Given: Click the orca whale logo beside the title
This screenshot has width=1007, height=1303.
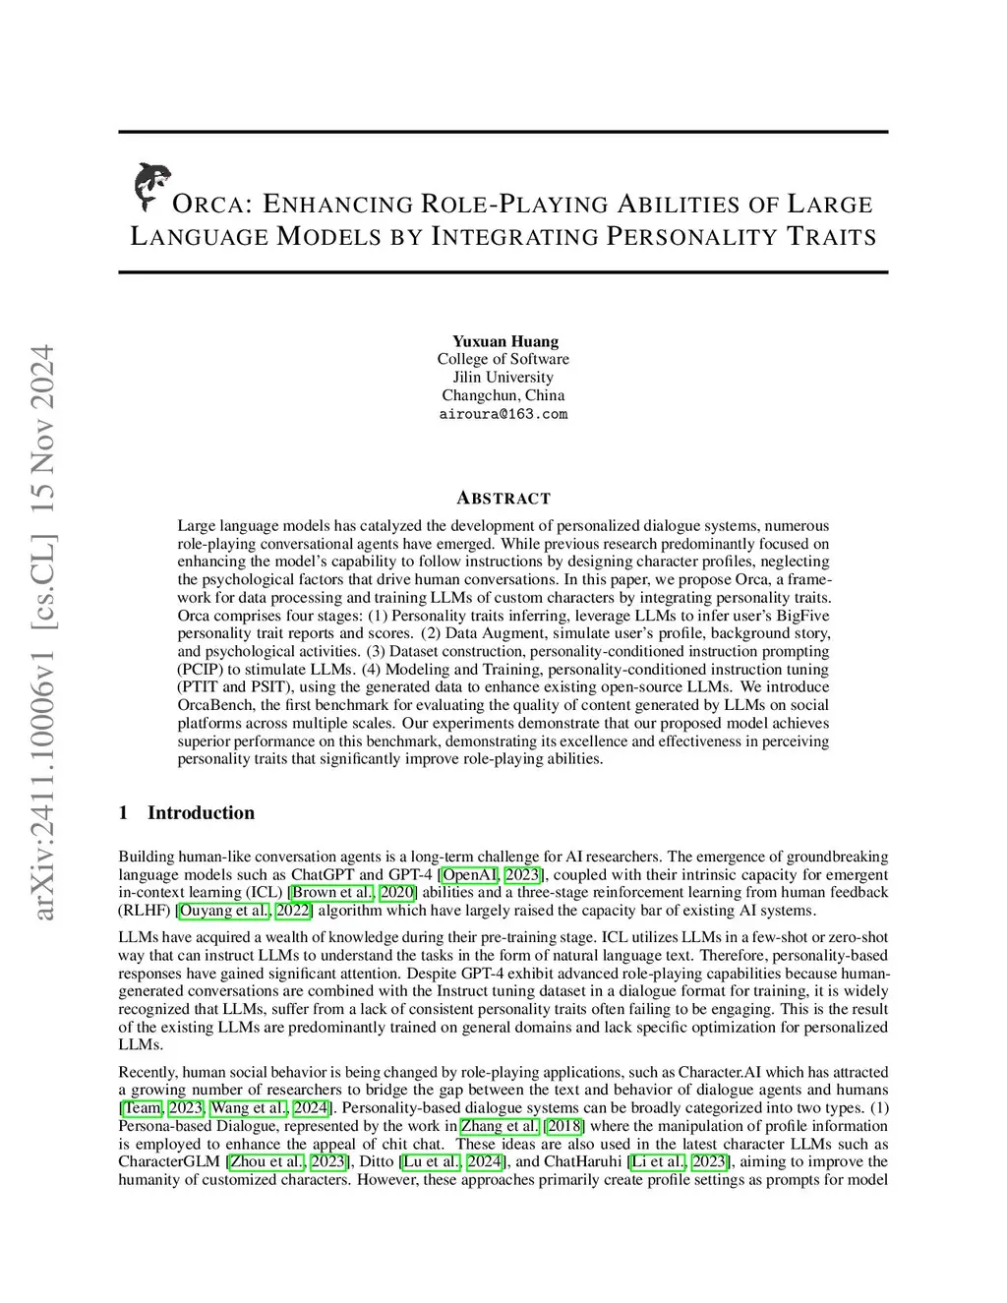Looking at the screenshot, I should [x=150, y=187].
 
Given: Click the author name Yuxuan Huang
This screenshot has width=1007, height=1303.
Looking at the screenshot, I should [x=504, y=341].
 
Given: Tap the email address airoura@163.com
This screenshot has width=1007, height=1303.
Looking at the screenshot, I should [x=503, y=414].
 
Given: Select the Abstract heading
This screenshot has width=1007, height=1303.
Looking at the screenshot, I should [x=503, y=498].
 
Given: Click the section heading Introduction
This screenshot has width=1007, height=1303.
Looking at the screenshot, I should [x=201, y=812].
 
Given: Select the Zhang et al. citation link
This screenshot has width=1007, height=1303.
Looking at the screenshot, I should [x=500, y=1126].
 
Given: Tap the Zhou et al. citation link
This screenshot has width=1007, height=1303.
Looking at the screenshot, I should [x=266, y=1161].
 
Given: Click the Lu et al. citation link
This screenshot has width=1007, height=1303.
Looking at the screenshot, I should [x=430, y=1161].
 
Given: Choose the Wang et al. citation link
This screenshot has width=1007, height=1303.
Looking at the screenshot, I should [x=250, y=1108].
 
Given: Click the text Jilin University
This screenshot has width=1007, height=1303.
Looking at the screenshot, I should [x=503, y=378].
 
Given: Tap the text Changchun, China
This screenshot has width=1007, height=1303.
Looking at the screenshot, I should [x=503, y=395].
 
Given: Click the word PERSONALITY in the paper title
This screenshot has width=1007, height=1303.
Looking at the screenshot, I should [x=688, y=237].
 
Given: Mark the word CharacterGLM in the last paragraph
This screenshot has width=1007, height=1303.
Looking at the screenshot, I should [x=169, y=1161].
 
